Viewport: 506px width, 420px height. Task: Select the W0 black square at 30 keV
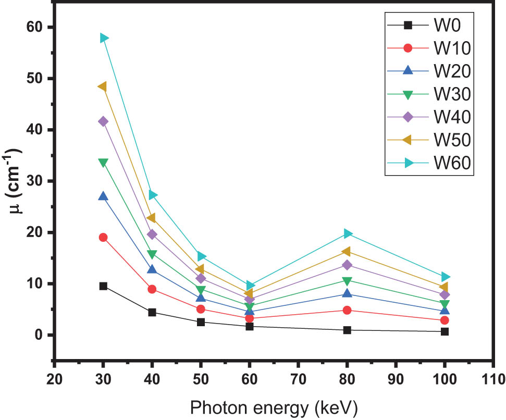coord(103,286)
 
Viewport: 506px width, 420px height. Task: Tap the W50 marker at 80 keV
coord(347,252)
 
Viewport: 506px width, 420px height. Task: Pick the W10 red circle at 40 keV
coord(152,289)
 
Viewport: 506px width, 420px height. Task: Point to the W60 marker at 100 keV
coord(445,277)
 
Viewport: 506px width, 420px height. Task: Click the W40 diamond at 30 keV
coord(103,121)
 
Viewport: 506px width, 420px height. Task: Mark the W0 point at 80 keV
coord(347,330)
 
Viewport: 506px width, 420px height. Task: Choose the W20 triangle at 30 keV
coord(103,196)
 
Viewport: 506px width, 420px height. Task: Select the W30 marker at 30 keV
coord(103,163)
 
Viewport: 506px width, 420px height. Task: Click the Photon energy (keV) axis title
coord(274,405)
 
